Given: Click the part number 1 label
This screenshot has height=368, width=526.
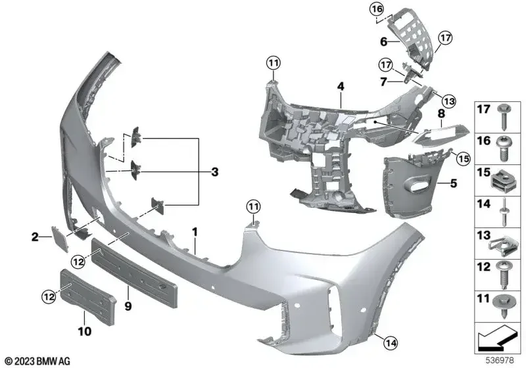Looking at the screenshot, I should pyautogui.click(x=195, y=231).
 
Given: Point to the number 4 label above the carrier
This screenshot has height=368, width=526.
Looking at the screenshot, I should pyautogui.click(x=341, y=86).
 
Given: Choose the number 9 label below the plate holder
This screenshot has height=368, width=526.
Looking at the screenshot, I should pyautogui.click(x=128, y=306).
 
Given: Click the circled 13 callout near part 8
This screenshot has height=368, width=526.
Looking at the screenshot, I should pyautogui.click(x=448, y=101).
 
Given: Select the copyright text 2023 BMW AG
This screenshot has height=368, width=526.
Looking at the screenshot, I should pyautogui.click(x=37, y=361).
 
